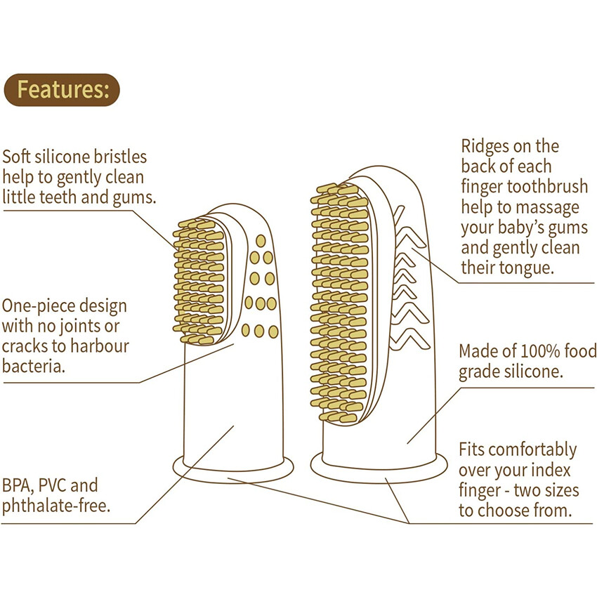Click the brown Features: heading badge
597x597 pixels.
62,90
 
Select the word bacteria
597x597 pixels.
34,367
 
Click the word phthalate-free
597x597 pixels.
56,506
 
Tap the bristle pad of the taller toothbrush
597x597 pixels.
340,302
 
